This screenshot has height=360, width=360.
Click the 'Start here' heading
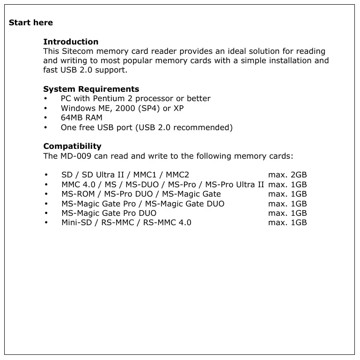31,22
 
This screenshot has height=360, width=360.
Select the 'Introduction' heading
71,42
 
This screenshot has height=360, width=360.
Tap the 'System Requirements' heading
91,89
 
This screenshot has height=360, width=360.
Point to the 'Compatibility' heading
72,146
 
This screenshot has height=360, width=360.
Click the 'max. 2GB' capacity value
287,175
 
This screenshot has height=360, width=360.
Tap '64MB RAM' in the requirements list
81,118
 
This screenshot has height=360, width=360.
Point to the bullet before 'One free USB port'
45,127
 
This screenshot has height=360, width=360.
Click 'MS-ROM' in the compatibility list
77,194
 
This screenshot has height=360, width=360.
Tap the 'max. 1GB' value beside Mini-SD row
287,222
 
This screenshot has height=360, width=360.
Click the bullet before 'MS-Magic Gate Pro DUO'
45,213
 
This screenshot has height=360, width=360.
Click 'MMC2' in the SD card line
177,175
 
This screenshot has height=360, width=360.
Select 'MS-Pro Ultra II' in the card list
235,184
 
